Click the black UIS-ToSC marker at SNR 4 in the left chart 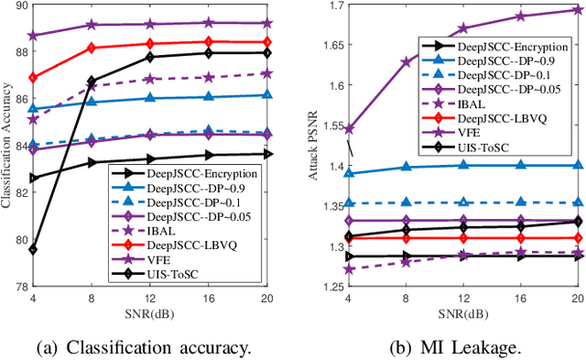[x=33, y=249]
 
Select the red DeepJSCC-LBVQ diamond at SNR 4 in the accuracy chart [x=33, y=78]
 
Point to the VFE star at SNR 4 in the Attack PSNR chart [x=347, y=129]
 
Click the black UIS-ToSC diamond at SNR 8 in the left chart [x=91, y=81]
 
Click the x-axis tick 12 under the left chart [x=148, y=298]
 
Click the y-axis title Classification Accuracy [x=7, y=147]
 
